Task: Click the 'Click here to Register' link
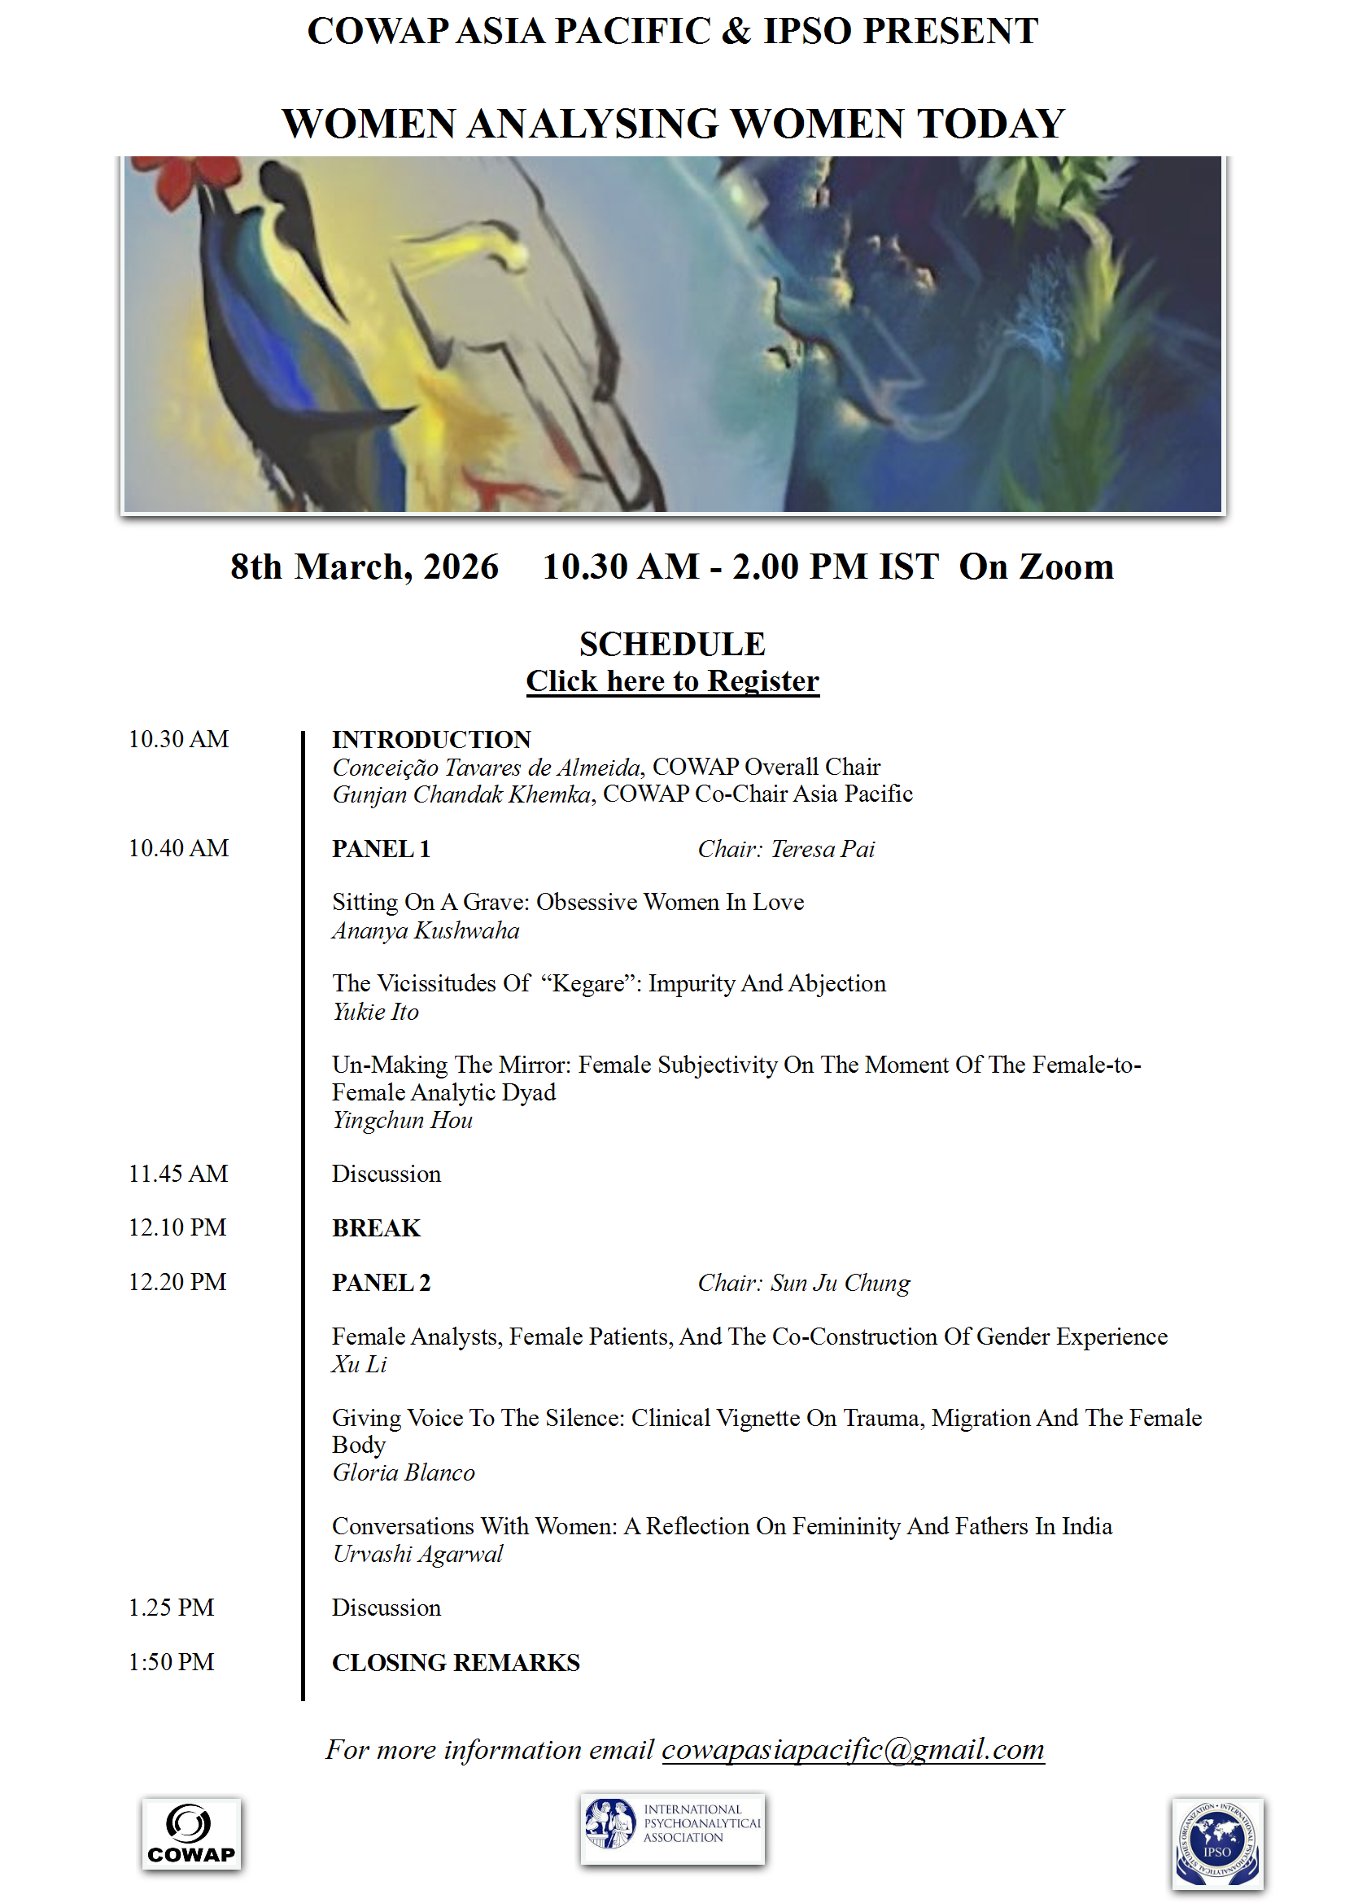pyautogui.click(x=672, y=681)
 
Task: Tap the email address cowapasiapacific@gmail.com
pyautogui.click(x=853, y=1749)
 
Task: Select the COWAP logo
pyautogui.click(x=191, y=1834)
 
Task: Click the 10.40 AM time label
pyautogui.click(x=178, y=848)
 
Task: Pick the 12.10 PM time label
pyautogui.click(x=177, y=1227)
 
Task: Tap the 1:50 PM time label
pyautogui.click(x=171, y=1662)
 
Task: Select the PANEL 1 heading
pyautogui.click(x=382, y=849)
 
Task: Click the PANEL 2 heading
pyautogui.click(x=382, y=1283)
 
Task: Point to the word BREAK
pyautogui.click(x=376, y=1228)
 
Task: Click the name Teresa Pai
pyautogui.click(x=823, y=849)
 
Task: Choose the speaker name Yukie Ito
pyautogui.click(x=375, y=1012)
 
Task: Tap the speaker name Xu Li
pyautogui.click(x=359, y=1364)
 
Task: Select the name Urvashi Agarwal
pyautogui.click(x=417, y=1554)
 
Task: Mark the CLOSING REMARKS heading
pyautogui.click(x=456, y=1663)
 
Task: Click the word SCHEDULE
pyautogui.click(x=672, y=644)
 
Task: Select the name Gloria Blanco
pyautogui.click(x=404, y=1473)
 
